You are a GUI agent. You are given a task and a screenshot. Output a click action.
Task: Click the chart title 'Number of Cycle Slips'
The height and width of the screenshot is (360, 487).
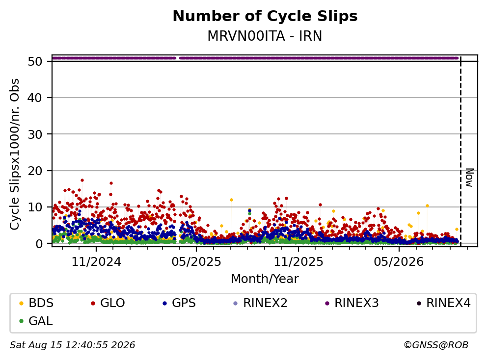click(x=265, y=16)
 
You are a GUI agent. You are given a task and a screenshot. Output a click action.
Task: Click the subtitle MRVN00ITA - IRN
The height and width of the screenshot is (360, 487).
click(x=265, y=36)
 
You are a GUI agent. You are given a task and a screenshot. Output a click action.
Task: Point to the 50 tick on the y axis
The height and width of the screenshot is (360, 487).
click(x=35, y=61)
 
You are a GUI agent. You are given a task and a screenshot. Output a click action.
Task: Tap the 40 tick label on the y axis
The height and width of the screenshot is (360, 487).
click(x=35, y=98)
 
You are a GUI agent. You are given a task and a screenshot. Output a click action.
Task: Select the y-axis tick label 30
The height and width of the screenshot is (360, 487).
click(x=35, y=134)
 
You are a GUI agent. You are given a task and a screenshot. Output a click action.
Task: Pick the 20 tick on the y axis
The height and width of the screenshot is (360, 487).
click(x=35, y=171)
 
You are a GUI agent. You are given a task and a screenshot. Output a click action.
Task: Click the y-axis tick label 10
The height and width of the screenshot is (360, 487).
click(x=35, y=207)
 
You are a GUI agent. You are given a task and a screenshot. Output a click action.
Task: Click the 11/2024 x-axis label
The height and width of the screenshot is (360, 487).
click(x=96, y=262)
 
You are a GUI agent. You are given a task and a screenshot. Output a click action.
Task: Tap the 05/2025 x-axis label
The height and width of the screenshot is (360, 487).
click(x=196, y=262)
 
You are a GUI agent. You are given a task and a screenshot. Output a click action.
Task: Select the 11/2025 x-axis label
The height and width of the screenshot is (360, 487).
click(x=298, y=262)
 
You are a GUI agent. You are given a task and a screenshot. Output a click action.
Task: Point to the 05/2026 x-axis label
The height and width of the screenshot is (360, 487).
click(x=399, y=262)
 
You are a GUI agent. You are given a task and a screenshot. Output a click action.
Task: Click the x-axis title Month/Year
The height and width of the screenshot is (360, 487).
click(x=265, y=279)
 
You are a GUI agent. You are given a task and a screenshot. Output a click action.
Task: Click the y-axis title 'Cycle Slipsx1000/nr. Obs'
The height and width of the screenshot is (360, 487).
click(x=15, y=154)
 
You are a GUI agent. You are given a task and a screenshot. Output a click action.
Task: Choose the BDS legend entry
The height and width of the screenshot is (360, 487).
click(x=36, y=303)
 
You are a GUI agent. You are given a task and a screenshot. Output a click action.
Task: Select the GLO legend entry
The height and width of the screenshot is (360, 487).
click(x=108, y=303)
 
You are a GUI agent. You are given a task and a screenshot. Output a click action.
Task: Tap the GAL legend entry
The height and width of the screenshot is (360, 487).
click(x=36, y=321)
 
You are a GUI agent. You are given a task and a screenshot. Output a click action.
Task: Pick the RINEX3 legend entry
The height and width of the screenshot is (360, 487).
click(x=352, y=303)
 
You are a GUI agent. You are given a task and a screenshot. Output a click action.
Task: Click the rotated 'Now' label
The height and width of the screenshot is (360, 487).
click(x=470, y=178)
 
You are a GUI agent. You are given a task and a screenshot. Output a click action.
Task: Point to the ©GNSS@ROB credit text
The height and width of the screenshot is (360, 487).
click(x=436, y=345)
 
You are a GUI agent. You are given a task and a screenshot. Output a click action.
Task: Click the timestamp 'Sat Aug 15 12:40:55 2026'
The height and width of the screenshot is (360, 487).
click(x=73, y=345)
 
